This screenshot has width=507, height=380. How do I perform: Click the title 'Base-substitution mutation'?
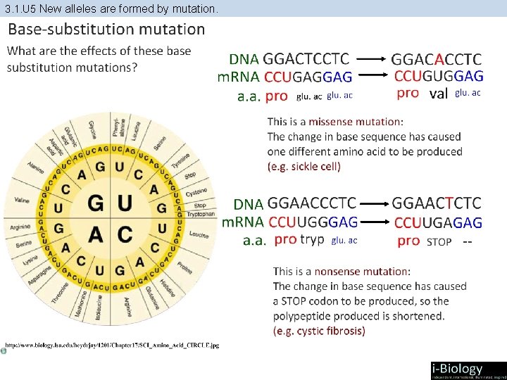tap(106, 30)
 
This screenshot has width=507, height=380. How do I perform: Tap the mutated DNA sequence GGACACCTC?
tap(437, 59)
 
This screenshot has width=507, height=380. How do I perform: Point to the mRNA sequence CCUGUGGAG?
tap(439, 75)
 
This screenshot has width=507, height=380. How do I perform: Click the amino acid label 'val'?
tap(439, 93)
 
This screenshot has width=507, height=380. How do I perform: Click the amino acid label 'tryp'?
tap(312, 239)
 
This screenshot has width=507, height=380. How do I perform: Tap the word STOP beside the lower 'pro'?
tap(439, 241)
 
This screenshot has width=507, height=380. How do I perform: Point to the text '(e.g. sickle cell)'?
tap(303, 167)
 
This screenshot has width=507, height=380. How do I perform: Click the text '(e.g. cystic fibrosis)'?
tap(319, 331)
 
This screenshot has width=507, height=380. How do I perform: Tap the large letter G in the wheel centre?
tap(97, 204)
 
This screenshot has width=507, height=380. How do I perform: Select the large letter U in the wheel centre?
tap(125, 204)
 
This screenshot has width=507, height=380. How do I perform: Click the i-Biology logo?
tap(468, 370)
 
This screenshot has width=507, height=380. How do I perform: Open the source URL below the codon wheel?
tap(113, 346)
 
